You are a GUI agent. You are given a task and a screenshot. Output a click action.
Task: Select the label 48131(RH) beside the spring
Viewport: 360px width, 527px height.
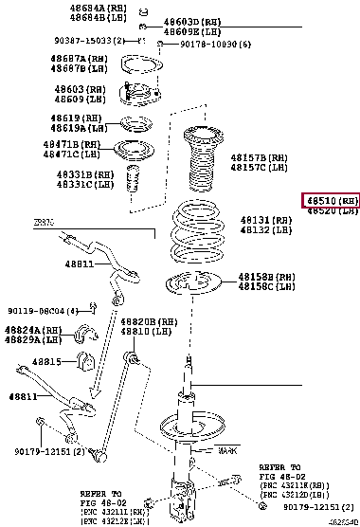[261, 218]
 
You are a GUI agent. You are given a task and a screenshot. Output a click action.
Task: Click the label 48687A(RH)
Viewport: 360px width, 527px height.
[79, 59]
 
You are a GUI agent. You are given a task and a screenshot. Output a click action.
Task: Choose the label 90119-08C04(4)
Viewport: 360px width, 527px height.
[45, 310]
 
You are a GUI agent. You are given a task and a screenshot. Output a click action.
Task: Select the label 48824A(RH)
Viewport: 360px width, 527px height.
[32, 329]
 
